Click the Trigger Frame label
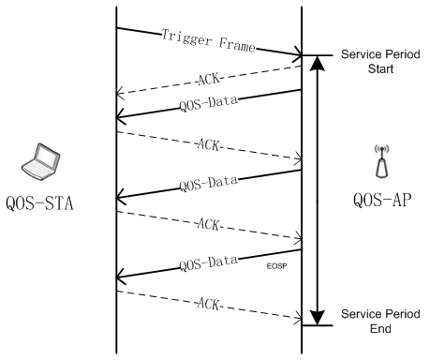click(208, 40)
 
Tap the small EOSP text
click(276, 266)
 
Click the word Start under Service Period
click(380, 68)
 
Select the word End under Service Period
click(380, 328)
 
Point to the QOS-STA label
click(39, 203)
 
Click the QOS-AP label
click(382, 200)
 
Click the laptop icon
click(40, 161)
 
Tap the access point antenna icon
click(382, 161)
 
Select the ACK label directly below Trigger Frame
click(209, 79)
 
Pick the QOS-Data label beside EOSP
click(208, 263)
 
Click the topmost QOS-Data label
click(208, 104)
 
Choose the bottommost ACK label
click(209, 304)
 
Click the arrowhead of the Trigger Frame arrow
click(299, 55)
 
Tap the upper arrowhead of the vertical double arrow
click(318, 64)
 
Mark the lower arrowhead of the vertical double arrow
click(318, 317)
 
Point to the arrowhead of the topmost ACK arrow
click(120, 94)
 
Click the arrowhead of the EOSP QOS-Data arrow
click(120, 277)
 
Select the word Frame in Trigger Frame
click(237, 44)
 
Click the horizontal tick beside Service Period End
click(318, 325)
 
